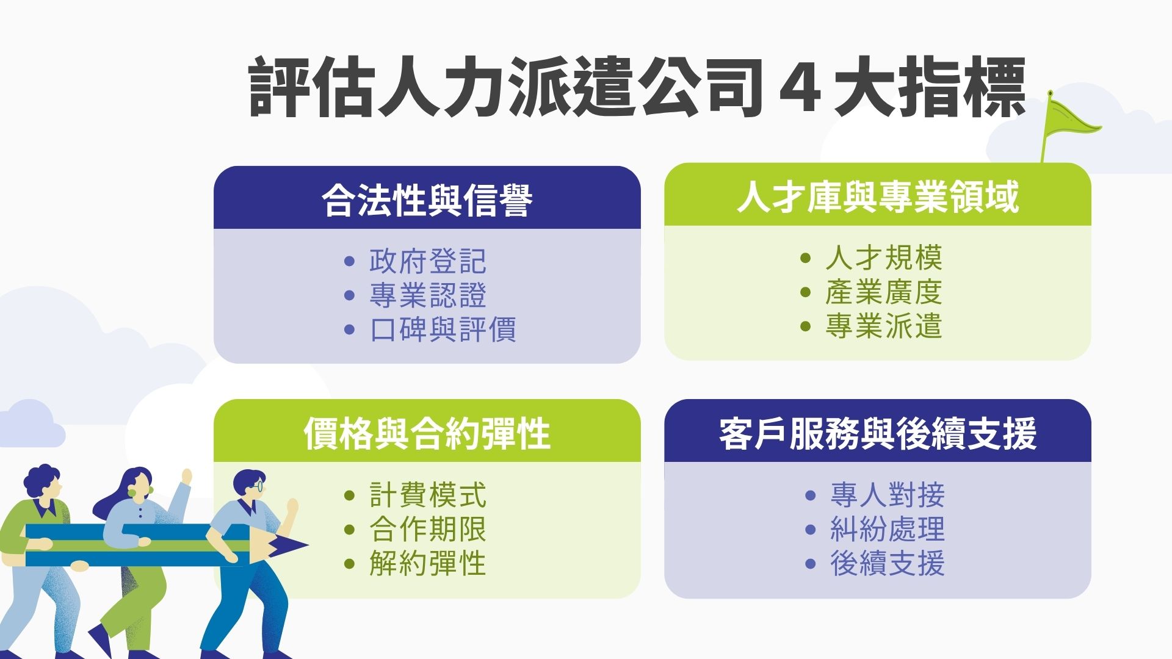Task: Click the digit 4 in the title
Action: point(800,87)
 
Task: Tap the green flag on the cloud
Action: point(1071,120)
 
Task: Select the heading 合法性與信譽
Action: point(427,200)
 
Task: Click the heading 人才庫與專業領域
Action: point(877,196)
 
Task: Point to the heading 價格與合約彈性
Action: point(427,433)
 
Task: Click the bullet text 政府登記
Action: point(427,261)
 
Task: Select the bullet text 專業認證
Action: point(427,295)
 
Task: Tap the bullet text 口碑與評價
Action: point(443,329)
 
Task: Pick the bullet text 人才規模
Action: point(883,257)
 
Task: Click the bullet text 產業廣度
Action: point(883,292)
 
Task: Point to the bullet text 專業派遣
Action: point(883,326)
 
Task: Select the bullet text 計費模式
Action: point(427,495)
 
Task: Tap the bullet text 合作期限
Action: point(427,529)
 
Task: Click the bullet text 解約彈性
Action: point(427,563)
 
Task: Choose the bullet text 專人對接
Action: point(887,495)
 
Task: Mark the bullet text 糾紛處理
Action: point(887,529)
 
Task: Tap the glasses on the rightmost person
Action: point(259,486)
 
